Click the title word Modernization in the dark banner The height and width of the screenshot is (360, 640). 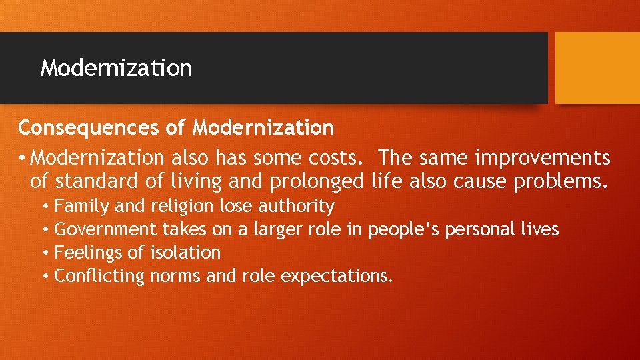[x=116, y=68]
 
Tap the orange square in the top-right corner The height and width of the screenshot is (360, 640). [x=597, y=68]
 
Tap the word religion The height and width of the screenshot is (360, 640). [x=181, y=207]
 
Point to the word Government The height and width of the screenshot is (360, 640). [x=105, y=229]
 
